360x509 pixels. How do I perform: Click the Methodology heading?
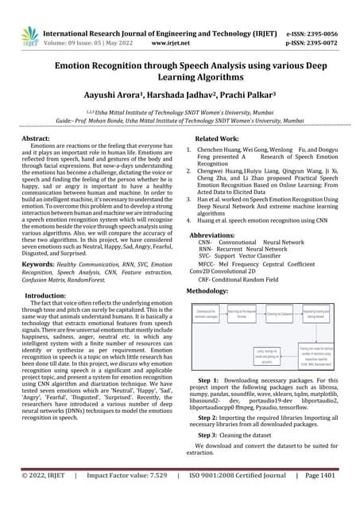click(x=207, y=292)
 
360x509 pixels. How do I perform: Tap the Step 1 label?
click(x=211, y=391)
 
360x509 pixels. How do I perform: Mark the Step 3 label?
click(x=211, y=436)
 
